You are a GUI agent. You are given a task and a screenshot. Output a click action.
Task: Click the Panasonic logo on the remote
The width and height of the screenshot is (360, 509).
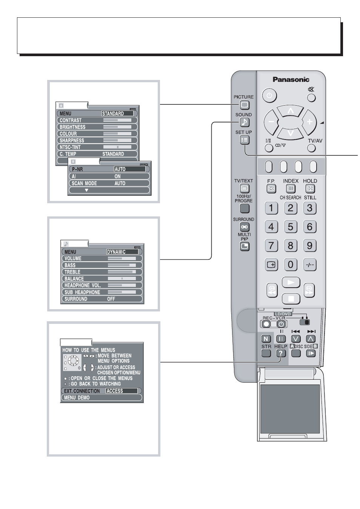click(x=291, y=80)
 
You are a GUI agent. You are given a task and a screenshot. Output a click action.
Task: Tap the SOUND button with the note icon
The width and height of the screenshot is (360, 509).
click(x=245, y=122)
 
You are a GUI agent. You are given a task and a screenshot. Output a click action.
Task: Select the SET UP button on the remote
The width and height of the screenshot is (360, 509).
click(x=245, y=140)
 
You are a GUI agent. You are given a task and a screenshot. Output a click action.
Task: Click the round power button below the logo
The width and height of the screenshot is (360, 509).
click(x=269, y=95)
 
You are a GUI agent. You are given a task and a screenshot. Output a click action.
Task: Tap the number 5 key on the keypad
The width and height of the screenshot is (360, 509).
click(x=291, y=227)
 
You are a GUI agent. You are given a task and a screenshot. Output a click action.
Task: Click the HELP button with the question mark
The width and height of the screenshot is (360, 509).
click(x=281, y=353)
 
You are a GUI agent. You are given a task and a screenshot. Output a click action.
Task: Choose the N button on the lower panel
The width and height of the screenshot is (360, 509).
click(x=266, y=339)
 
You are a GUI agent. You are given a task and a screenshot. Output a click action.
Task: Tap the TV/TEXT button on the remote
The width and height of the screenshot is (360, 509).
click(x=245, y=189)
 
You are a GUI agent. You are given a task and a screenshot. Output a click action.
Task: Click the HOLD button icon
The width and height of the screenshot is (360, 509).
click(x=310, y=189)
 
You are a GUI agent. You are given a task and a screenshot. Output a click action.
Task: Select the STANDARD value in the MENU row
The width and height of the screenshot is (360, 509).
click(x=117, y=113)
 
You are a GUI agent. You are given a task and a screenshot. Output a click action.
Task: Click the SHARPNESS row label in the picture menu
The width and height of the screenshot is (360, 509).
click(x=72, y=140)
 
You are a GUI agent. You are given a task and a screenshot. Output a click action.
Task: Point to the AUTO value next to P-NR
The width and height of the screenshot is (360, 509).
click(x=130, y=169)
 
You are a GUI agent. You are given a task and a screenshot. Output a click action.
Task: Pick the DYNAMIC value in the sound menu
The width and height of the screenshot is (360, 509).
click(x=122, y=252)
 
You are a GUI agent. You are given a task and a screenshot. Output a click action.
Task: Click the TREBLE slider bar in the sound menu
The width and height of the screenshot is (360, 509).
click(x=122, y=272)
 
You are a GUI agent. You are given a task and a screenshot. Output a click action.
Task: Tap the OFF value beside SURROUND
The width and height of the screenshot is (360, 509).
click(x=111, y=299)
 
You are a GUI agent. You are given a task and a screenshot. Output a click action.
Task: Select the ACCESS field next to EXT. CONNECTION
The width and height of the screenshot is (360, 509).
click(x=122, y=391)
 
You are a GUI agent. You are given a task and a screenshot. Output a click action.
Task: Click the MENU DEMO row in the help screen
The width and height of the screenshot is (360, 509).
click(x=102, y=397)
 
